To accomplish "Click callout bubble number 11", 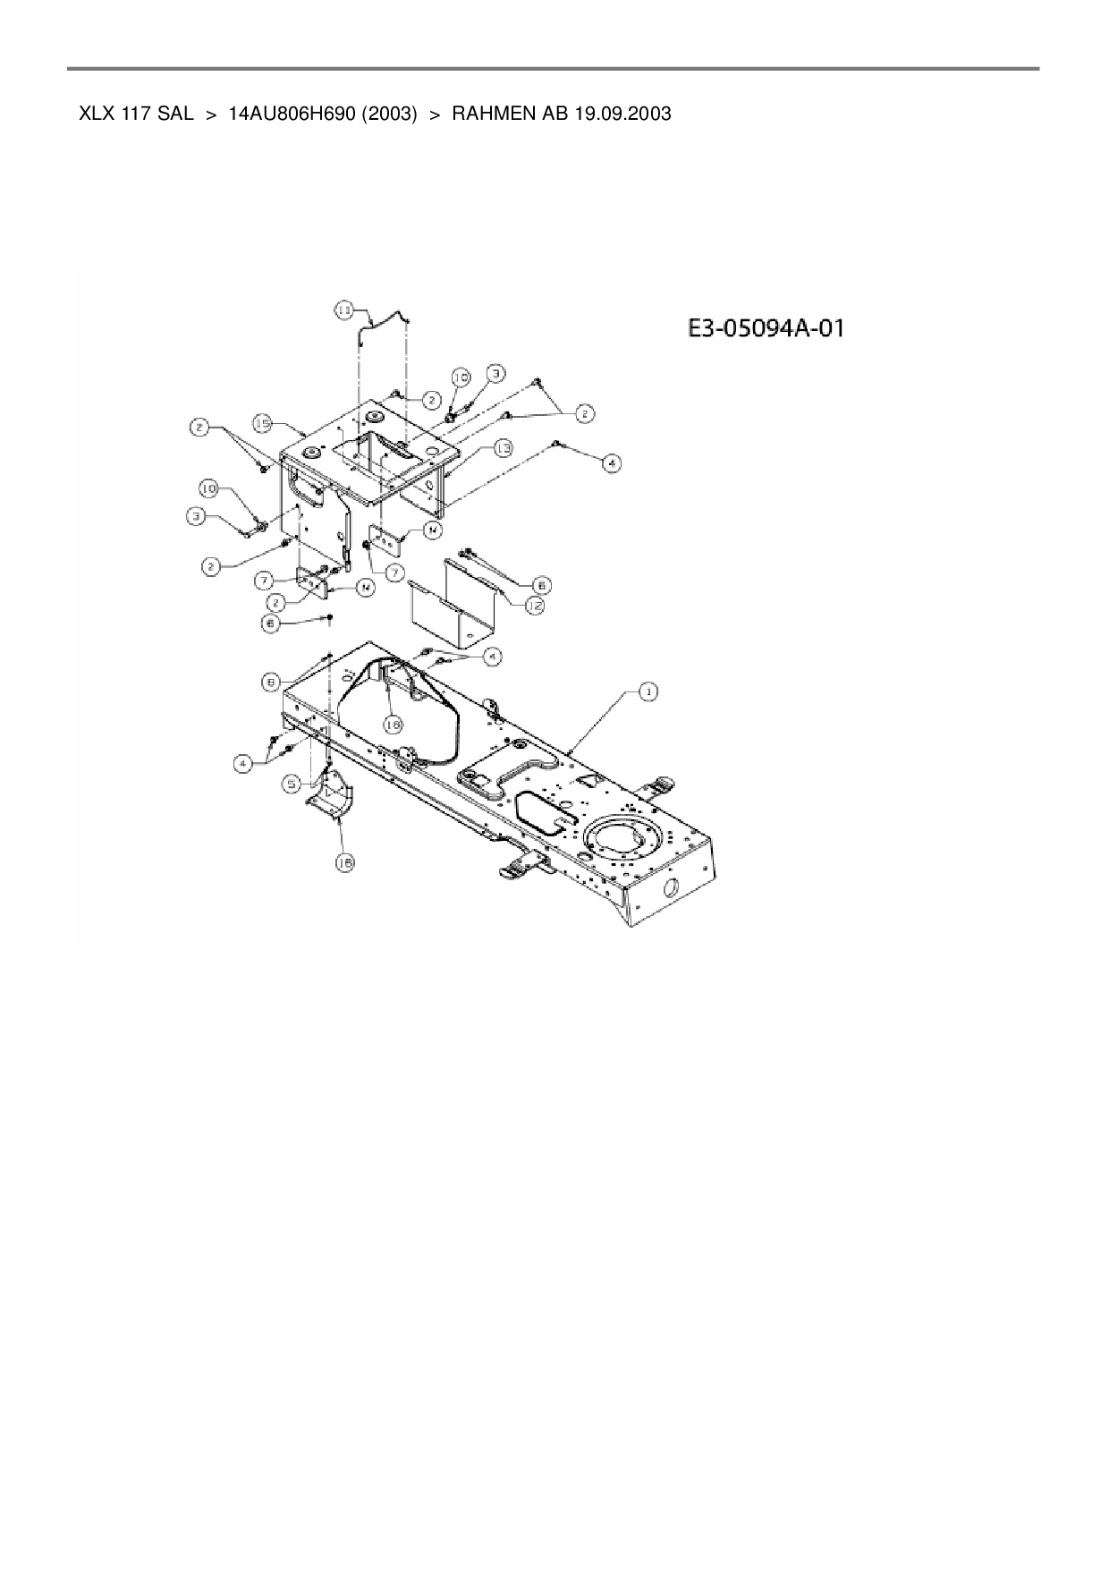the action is click(x=344, y=310).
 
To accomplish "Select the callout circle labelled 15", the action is click(x=262, y=421).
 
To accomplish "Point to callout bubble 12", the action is click(x=534, y=606).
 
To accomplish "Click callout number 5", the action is click(x=292, y=784).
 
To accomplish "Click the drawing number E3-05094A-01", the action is click(x=766, y=329).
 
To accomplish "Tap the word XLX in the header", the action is click(x=95, y=114).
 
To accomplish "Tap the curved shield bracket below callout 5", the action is click(x=333, y=796).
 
